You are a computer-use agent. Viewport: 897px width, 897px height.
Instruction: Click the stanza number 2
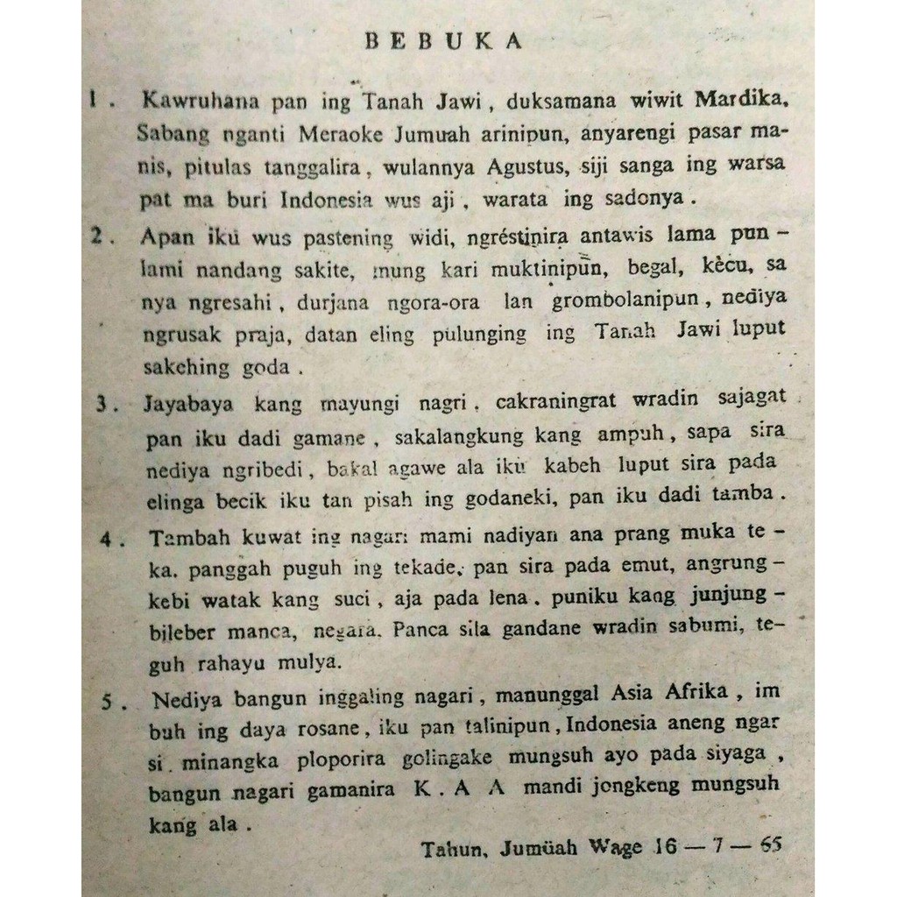pyautogui.click(x=98, y=237)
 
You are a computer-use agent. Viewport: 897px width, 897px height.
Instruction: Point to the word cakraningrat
pyautogui.click(x=557, y=401)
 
